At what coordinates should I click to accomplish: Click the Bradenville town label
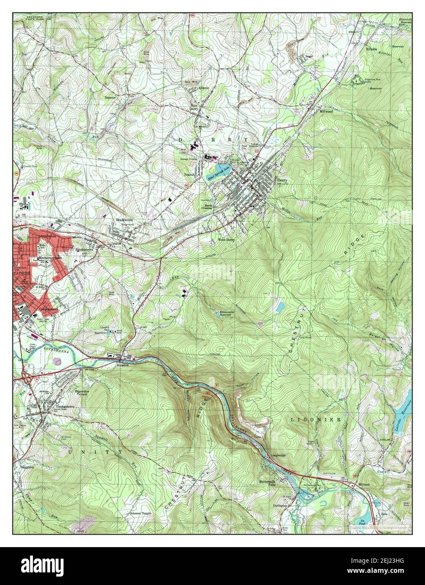pos(125,220)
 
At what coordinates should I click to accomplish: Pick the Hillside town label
pos(372,49)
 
